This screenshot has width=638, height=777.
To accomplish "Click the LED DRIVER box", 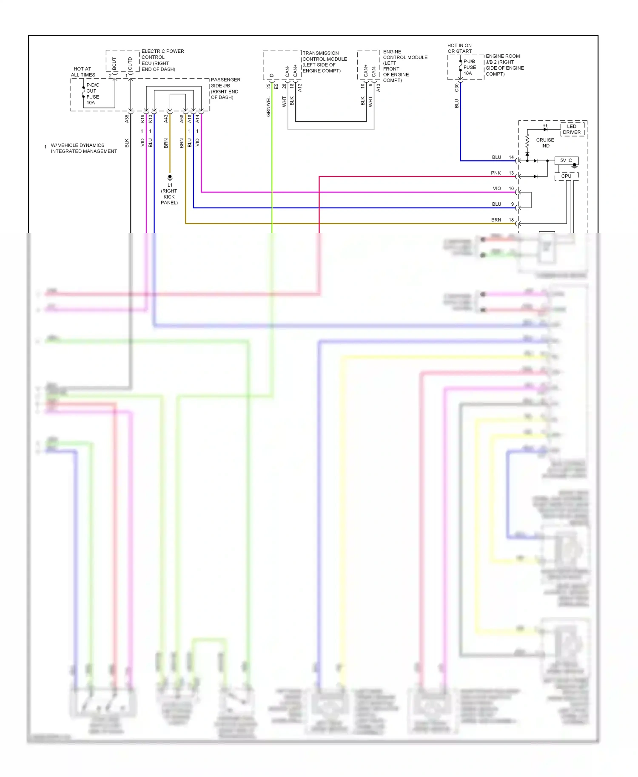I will click(571, 129).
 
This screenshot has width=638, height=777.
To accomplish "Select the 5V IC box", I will click(566, 160).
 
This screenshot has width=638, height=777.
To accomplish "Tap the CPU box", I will click(566, 176).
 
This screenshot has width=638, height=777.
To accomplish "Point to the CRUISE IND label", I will click(545, 143).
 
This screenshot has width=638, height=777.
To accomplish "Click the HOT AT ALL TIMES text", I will click(83, 72).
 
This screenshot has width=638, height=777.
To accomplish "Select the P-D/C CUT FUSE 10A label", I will click(93, 94).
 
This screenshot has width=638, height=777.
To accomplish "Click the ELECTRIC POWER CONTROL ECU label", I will click(162, 60).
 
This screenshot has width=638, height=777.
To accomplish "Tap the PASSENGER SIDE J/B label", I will click(225, 88).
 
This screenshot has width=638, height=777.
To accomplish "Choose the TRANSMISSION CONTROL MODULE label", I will click(324, 62).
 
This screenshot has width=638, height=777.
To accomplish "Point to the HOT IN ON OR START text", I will click(459, 48).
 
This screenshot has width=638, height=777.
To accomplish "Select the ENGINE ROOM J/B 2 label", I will click(504, 65).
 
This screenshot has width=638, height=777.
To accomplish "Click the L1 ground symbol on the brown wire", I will click(170, 177).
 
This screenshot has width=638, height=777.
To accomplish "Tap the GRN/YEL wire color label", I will click(268, 107).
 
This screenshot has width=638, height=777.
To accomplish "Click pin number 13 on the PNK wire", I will click(511, 173).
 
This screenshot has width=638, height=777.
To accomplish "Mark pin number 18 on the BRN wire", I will click(511, 220).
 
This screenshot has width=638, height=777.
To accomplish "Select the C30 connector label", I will click(456, 88).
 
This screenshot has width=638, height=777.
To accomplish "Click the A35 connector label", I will click(127, 119).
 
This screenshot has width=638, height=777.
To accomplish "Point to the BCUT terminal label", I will click(114, 63).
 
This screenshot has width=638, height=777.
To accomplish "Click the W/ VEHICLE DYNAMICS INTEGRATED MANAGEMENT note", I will click(83, 148).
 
